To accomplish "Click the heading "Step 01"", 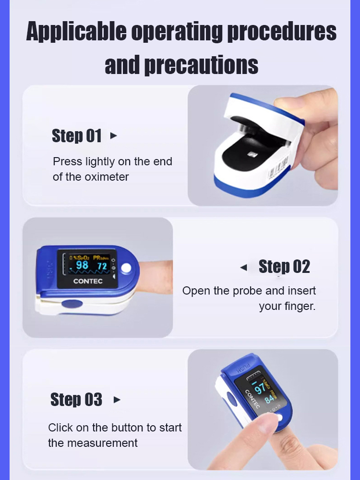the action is pos(76,135).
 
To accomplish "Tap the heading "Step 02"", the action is pos(284,266).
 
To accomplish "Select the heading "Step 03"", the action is pos(76,399).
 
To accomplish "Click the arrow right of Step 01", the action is pos(113,135).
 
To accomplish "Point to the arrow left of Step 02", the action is pos(244,268).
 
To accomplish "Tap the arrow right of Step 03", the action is pos(117,400).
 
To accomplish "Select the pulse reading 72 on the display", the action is pos(102,266).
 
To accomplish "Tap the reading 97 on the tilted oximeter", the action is pos(260,389).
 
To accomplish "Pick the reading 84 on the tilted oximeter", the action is pos(269,399).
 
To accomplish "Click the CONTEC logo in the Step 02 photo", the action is pos(88,281).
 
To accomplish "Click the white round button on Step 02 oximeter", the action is pos(126,268).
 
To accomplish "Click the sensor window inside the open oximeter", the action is pos(252,155).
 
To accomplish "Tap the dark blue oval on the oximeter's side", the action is pos(72,304).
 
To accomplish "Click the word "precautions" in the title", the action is pos(201,65).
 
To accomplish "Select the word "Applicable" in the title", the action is pos(76,32).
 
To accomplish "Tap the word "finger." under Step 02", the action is pos(287,306).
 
